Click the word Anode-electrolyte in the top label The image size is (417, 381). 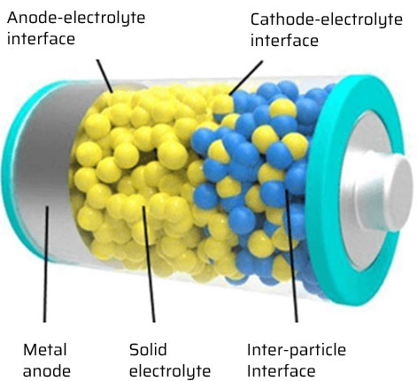pos(76,19)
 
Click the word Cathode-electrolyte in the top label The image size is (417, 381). pos(327,20)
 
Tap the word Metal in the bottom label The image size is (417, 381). pos(45,350)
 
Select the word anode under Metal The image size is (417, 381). pos(47,371)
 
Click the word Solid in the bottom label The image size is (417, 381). pos(148,350)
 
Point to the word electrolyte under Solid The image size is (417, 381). pos(170,371)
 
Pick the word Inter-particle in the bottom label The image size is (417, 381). pos(297,350)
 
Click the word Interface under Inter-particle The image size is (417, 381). pos(282,371)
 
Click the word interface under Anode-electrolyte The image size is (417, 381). pos(41,39)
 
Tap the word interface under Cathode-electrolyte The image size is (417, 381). pos(284,41)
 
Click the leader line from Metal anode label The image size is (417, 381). pos(45,264)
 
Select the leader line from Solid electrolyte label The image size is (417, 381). pos(149,264)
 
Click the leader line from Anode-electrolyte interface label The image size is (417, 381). pos(104,76)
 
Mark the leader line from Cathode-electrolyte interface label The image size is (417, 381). pos(246,78)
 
